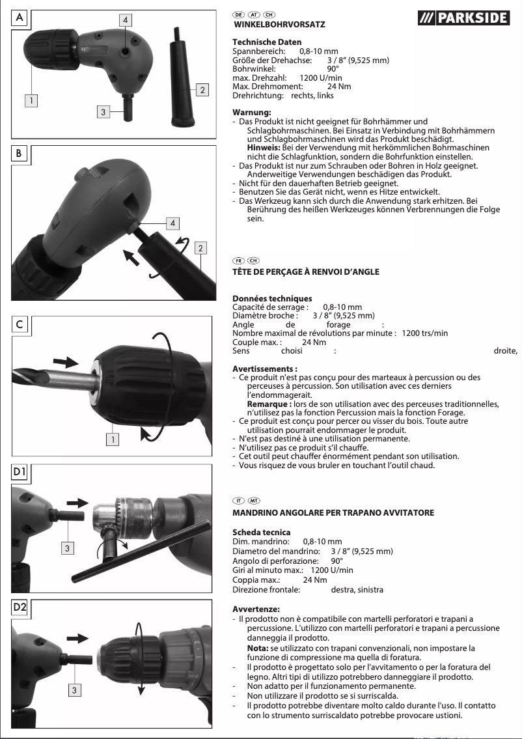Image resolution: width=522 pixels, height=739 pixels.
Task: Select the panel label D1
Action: (x=21, y=471)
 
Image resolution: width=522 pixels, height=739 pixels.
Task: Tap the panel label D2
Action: (x=21, y=607)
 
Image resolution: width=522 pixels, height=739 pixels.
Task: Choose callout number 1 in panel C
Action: (x=114, y=439)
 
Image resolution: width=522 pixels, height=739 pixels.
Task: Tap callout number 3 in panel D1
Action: (x=66, y=548)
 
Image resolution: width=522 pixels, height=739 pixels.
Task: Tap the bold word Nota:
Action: (x=258, y=648)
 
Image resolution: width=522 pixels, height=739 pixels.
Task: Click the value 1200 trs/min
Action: (x=425, y=333)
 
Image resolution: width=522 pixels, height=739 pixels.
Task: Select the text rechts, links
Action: (x=312, y=95)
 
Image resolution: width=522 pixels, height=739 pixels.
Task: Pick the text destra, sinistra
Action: (x=357, y=589)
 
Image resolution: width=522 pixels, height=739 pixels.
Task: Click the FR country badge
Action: (x=238, y=260)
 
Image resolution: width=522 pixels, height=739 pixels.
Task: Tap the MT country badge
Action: (x=253, y=501)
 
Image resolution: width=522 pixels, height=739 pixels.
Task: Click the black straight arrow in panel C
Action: (x=65, y=361)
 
